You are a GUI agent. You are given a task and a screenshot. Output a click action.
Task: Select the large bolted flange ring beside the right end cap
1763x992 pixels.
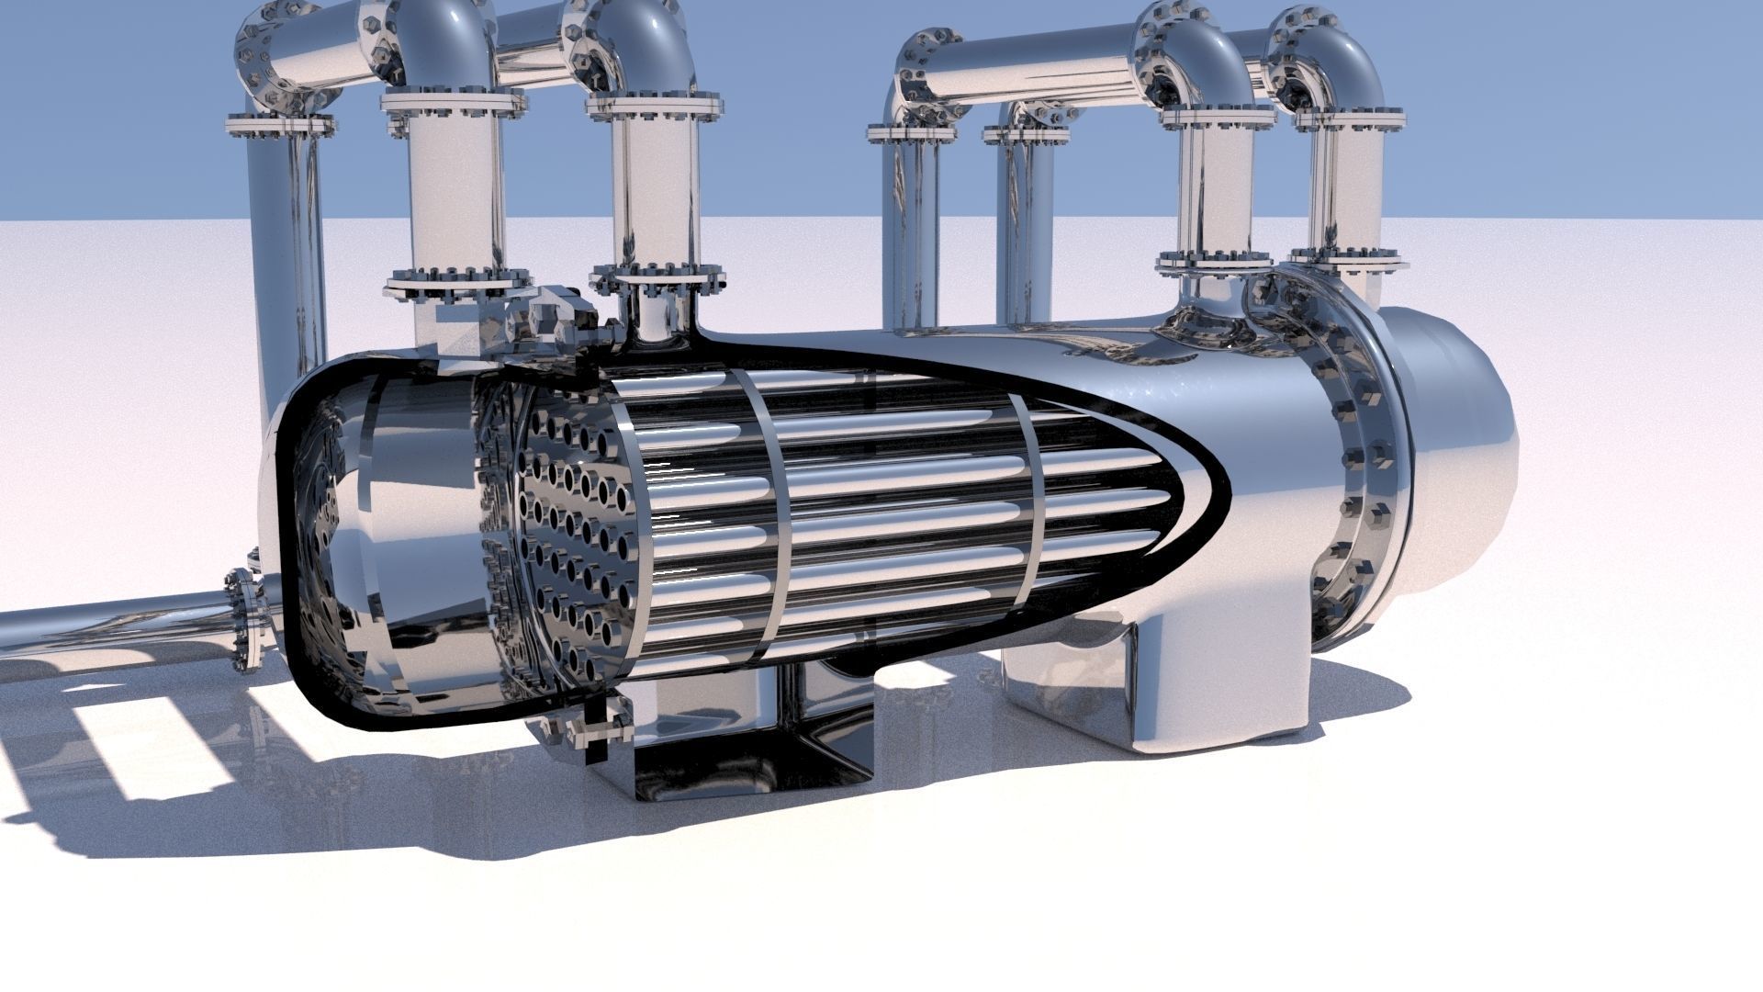(x=1359, y=459)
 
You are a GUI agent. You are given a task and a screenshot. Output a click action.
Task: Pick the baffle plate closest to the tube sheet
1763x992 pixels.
(x=762, y=514)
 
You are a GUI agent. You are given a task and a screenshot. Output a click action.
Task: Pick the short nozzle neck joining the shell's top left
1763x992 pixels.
(x=654, y=317)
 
